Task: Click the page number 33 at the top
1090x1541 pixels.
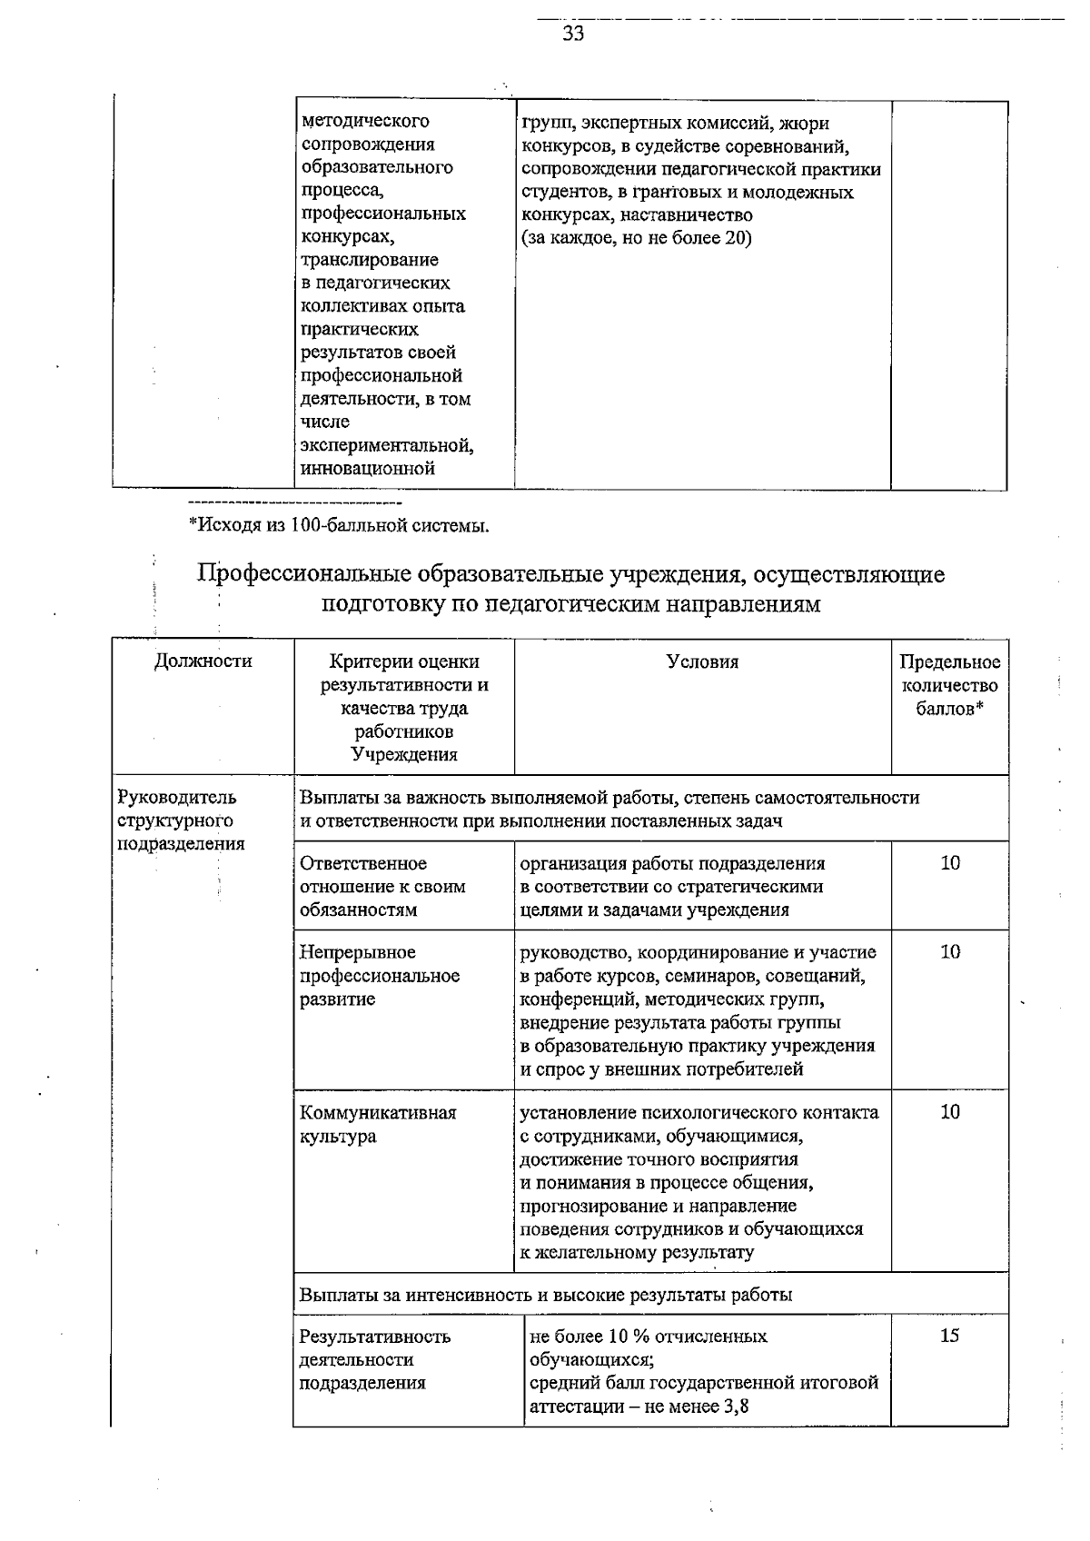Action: click(573, 35)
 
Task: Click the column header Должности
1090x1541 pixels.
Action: click(203, 661)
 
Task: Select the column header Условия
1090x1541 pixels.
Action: click(702, 662)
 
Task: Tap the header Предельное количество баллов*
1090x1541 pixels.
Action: click(949, 685)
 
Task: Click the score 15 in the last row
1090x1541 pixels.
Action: click(949, 1336)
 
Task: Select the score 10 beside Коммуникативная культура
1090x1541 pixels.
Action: click(949, 1112)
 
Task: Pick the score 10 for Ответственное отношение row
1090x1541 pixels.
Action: click(949, 863)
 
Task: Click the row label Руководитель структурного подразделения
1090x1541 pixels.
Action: click(182, 820)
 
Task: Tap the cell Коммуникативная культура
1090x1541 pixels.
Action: click(378, 1124)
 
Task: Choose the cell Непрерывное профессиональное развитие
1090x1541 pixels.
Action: click(380, 976)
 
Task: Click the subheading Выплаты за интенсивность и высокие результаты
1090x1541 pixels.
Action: click(545, 1295)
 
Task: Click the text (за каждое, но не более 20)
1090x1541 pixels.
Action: click(636, 239)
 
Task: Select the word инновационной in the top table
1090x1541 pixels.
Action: click(368, 469)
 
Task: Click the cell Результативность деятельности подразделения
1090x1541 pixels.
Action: click(374, 1359)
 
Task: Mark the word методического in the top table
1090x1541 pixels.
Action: click(365, 121)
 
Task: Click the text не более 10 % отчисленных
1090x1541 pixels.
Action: click(648, 1337)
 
